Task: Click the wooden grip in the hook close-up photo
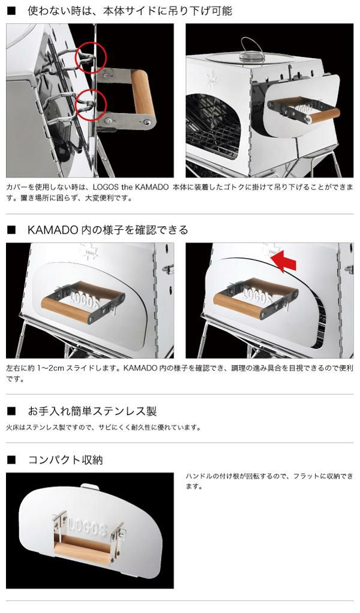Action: coord(143,97)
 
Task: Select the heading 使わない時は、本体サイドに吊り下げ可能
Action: coord(130,11)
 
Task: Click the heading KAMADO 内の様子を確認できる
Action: coord(108,230)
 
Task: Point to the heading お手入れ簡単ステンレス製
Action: coord(92,411)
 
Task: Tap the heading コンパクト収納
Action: coord(65,459)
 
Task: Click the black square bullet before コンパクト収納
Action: coord(11,460)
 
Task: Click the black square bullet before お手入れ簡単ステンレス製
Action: coord(11,411)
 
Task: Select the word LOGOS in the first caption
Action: coord(106,187)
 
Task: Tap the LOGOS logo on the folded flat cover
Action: coord(88,528)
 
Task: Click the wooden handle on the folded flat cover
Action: coord(82,551)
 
